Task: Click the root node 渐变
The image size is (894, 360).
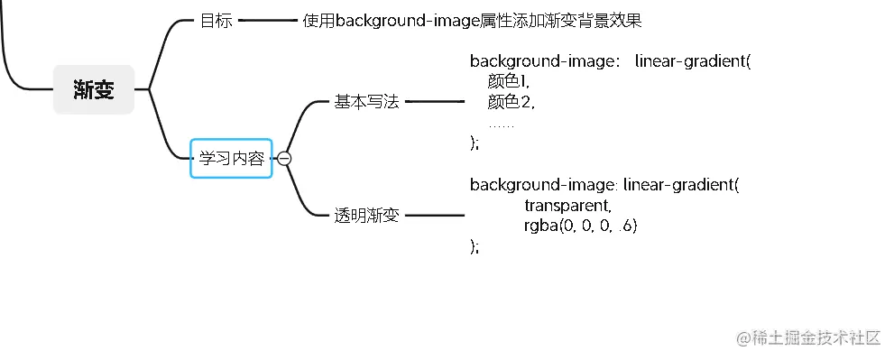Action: (94, 90)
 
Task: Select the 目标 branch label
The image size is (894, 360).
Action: (216, 21)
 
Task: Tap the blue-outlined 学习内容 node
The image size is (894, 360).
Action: (231, 159)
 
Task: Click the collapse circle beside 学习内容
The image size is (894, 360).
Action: (284, 159)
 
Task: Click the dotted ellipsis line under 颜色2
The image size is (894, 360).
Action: (502, 124)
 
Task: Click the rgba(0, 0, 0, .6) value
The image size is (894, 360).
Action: (580, 226)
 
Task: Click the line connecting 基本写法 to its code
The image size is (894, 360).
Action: (434, 102)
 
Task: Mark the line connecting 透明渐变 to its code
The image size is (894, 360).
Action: (434, 216)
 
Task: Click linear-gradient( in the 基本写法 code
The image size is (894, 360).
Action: (692, 61)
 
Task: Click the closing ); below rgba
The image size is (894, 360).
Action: (475, 246)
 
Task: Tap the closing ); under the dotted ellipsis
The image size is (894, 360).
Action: (475, 143)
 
